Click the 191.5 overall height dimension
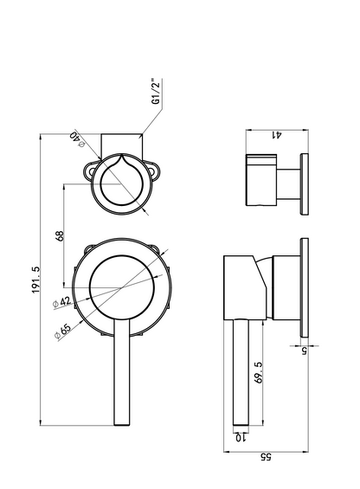(36, 280)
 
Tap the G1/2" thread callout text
(156, 92)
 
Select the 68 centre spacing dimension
(59, 235)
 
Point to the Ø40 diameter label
(77, 139)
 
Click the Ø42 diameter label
(61, 302)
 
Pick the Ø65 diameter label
(62, 331)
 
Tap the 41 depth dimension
(277, 135)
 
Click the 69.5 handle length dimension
(259, 372)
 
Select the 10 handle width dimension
(241, 438)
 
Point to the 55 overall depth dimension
(266, 457)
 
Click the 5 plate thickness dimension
(304, 351)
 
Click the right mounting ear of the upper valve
(153, 170)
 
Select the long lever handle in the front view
(122, 372)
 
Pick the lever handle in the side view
(241, 372)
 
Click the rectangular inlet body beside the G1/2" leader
(122, 146)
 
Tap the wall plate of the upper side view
(304, 184)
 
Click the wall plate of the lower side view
(304, 287)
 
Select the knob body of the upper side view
(261, 180)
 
